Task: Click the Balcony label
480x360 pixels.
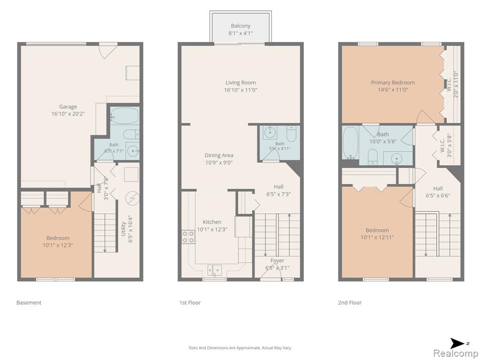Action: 240,26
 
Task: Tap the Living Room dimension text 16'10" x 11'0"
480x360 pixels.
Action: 240,90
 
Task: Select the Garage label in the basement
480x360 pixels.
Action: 68,106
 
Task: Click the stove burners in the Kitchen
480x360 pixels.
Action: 188,237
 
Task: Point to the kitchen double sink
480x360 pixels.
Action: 215,270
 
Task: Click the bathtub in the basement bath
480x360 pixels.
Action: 124,116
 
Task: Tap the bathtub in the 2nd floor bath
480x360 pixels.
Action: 351,143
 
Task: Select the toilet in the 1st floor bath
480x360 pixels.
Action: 292,134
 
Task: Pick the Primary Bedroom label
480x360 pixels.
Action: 393,82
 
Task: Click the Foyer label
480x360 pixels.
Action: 277,261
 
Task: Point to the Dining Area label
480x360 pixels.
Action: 219,155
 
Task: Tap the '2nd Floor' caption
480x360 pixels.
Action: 350,302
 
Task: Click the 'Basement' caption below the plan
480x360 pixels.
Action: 29,302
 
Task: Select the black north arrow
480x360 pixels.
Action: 457,344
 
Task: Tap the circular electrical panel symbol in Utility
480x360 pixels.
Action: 133,198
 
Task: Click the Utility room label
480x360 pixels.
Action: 123,229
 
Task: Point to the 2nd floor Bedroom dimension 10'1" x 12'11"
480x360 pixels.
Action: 377,237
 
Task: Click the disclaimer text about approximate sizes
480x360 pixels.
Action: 240,348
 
